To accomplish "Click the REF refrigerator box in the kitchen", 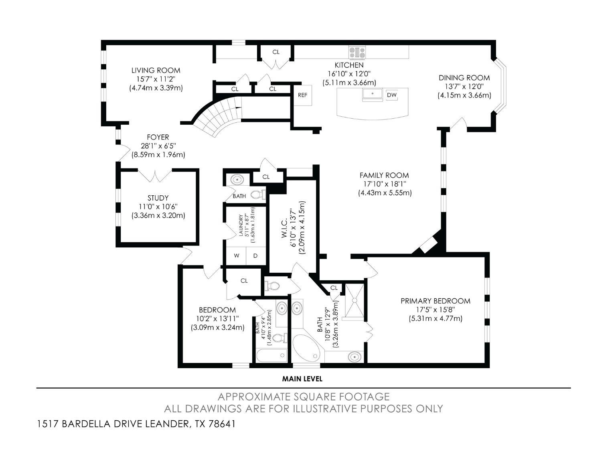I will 302,95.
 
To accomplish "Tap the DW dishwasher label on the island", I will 391,95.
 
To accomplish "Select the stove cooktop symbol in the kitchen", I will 357,52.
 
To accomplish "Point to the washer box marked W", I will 237,256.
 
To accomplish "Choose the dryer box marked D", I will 255,256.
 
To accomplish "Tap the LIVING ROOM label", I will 156,71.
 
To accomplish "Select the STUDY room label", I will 158,198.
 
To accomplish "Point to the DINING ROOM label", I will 464,78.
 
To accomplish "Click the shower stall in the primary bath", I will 355,300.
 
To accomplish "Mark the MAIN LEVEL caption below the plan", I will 302,379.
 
